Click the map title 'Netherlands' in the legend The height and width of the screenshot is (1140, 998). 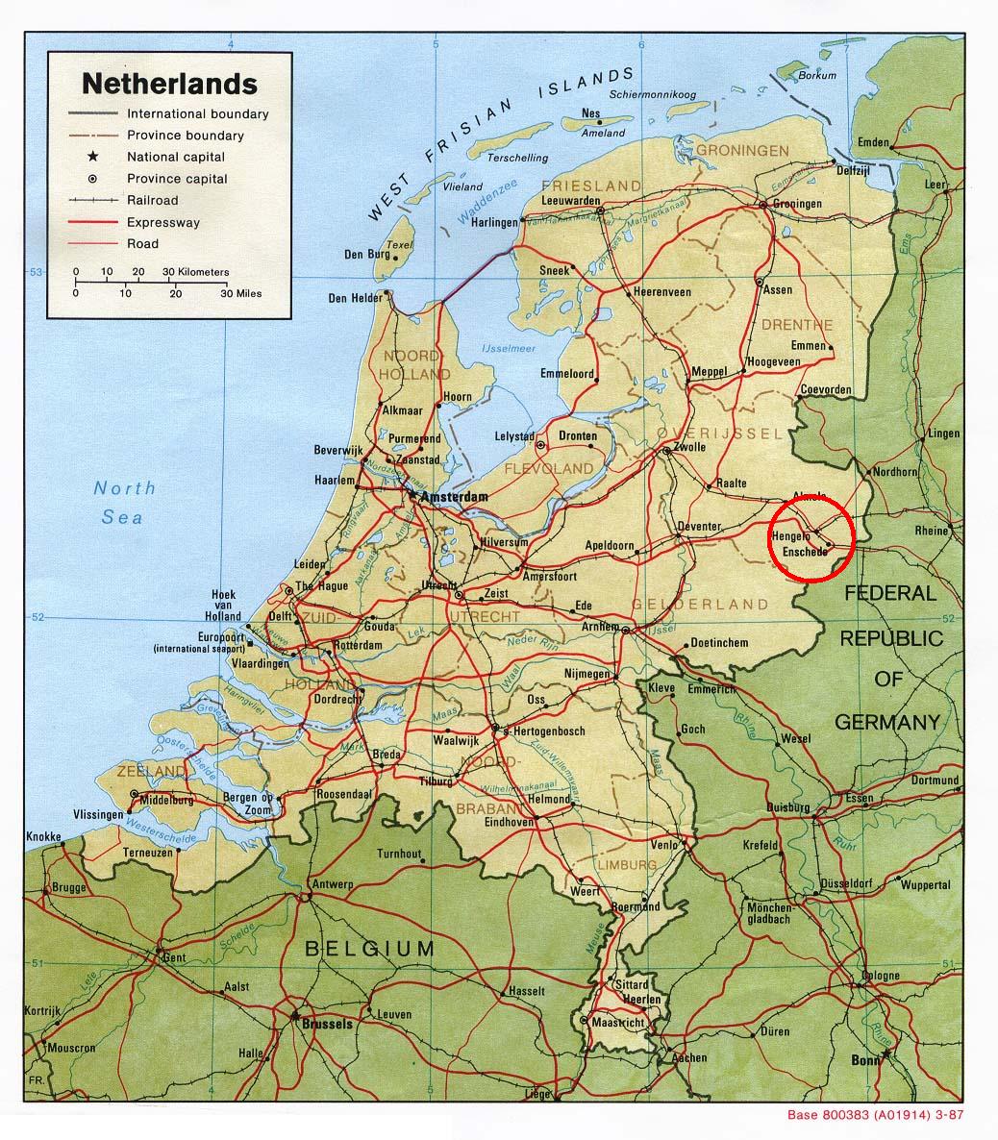pos(169,83)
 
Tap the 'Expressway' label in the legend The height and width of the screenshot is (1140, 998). pos(163,222)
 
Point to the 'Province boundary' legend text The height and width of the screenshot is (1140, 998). pos(186,136)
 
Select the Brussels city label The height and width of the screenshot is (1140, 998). pos(326,1025)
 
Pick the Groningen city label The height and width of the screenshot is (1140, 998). pos(797,204)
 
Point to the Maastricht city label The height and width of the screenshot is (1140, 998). pos(618,1023)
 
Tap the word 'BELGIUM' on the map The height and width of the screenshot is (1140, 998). pos(370,950)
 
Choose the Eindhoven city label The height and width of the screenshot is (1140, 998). pos(509,822)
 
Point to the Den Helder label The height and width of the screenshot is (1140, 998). pos(355,298)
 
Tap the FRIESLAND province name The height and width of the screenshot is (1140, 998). pos(591,185)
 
